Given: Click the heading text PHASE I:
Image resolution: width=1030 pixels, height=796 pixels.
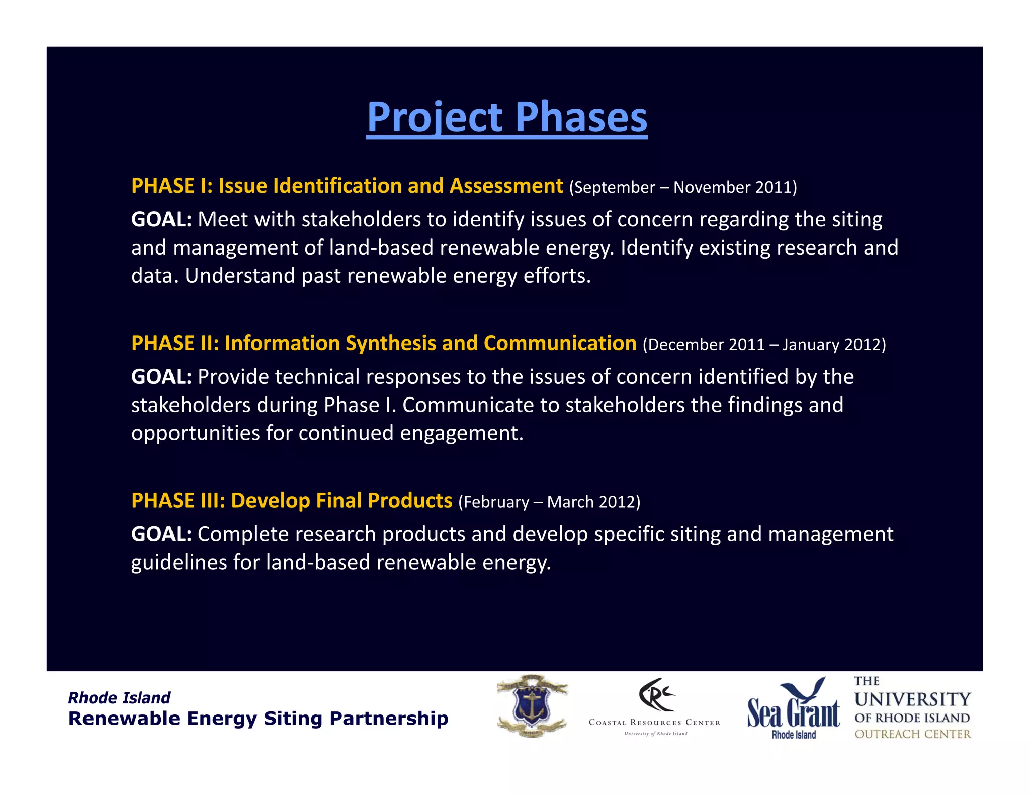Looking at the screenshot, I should [x=171, y=186].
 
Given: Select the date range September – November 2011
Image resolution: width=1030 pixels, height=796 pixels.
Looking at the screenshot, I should [x=682, y=187].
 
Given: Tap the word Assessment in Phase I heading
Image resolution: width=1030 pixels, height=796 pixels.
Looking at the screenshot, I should [x=506, y=186].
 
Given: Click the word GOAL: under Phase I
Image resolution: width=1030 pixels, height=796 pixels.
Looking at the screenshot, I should [x=161, y=220].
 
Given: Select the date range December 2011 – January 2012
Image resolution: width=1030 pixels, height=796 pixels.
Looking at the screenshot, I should [x=764, y=345].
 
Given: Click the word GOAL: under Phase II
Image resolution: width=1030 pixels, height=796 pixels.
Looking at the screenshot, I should [x=161, y=377].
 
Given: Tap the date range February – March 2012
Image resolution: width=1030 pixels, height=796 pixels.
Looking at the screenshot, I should [x=549, y=502].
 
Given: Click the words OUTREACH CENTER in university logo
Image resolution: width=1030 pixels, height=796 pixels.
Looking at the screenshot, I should [x=912, y=734].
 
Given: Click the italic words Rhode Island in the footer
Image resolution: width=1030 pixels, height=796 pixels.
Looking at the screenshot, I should [x=119, y=698].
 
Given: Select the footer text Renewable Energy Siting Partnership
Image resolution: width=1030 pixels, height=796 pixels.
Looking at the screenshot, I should [x=258, y=719].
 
